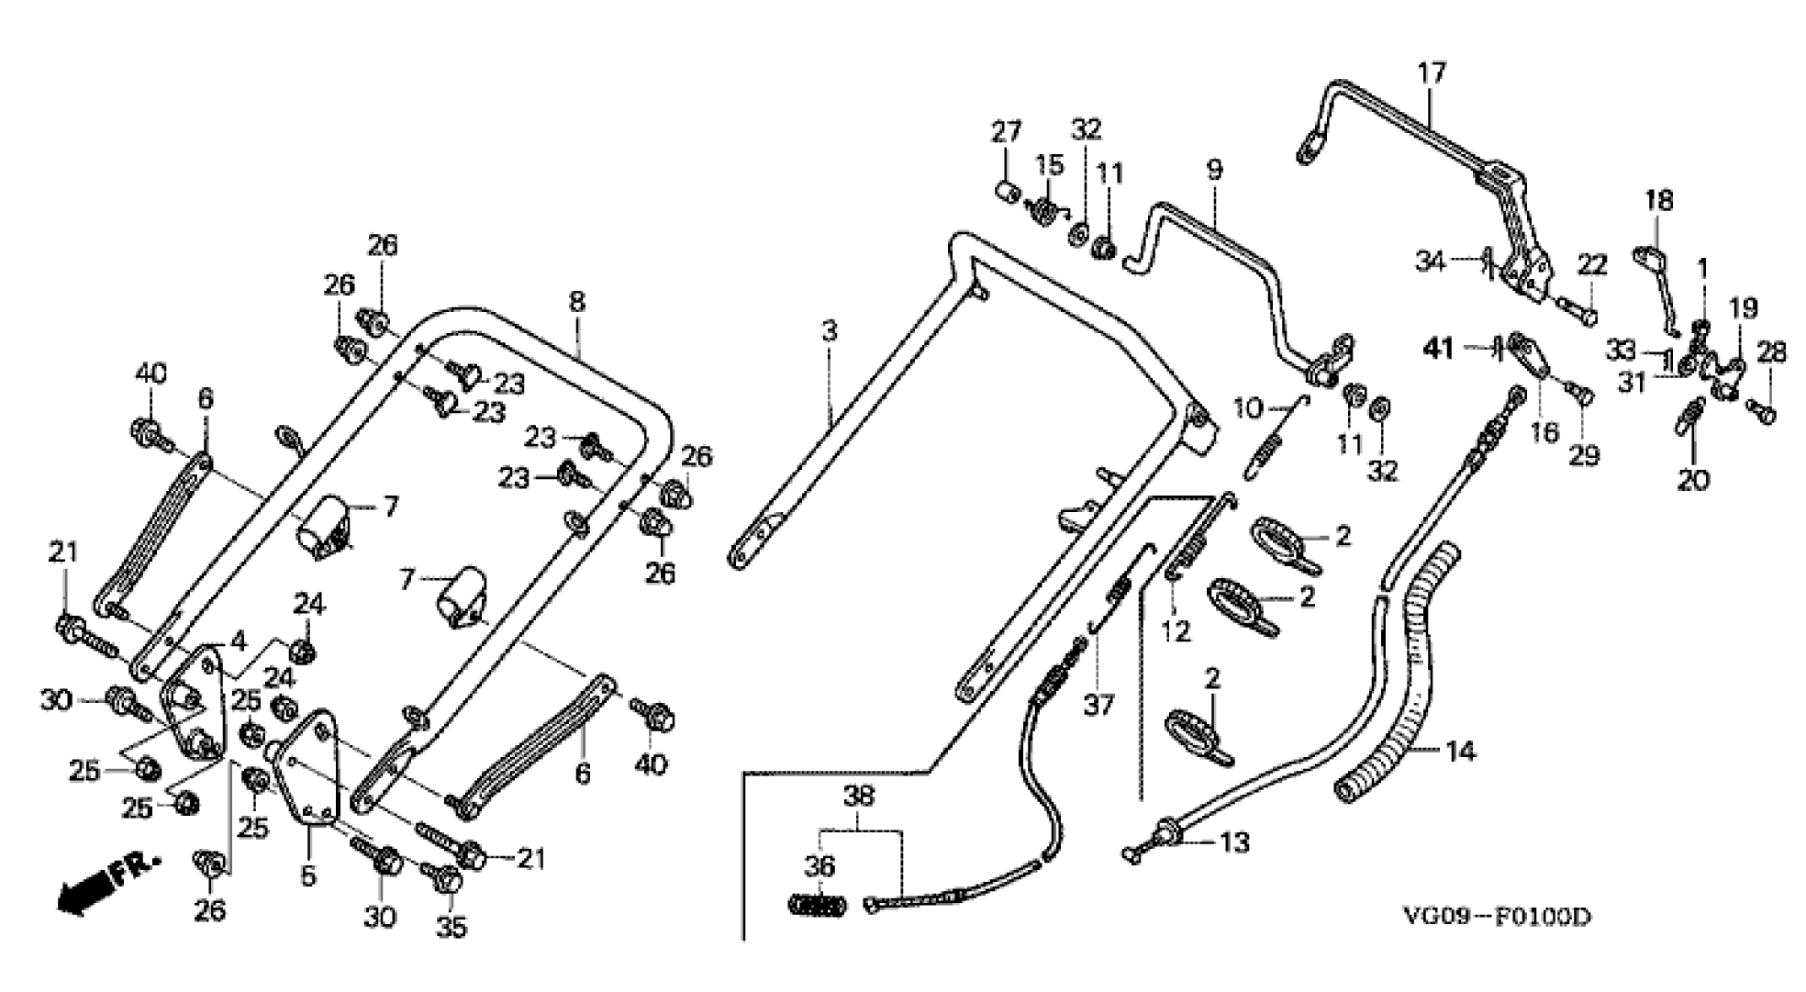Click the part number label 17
pyautogui.click(x=1431, y=72)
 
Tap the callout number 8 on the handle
pyautogui.click(x=576, y=302)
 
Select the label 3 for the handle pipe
pyautogui.click(x=830, y=331)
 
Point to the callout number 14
pyautogui.click(x=1460, y=752)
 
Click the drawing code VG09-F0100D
pyautogui.click(x=1496, y=917)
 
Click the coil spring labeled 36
pyautogui.click(x=818, y=905)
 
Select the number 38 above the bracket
pyautogui.click(x=861, y=796)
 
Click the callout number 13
pyautogui.click(x=1236, y=842)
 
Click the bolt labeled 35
pyautogui.click(x=447, y=878)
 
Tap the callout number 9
pyautogui.click(x=1214, y=169)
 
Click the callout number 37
pyautogui.click(x=1098, y=705)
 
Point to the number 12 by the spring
pyautogui.click(x=1176, y=631)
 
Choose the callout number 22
pyautogui.click(x=1592, y=265)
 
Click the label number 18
pyautogui.click(x=1657, y=200)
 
